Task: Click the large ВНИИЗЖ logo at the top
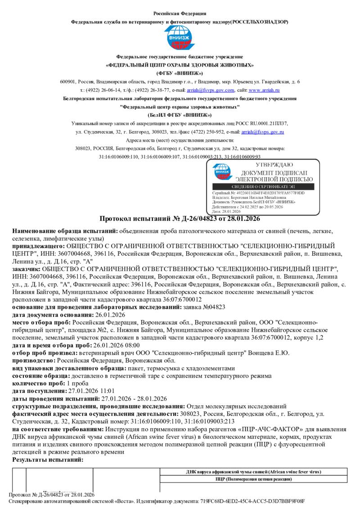(x=180, y=38)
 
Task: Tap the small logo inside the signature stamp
(x=223, y=171)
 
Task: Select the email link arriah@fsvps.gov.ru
(x=262, y=132)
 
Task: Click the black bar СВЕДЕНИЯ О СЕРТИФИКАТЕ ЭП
(x=266, y=186)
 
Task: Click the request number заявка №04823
(x=205, y=307)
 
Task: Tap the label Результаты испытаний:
(x=48, y=460)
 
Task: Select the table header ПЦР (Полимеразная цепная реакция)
(x=254, y=480)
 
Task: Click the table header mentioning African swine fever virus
(x=254, y=472)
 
